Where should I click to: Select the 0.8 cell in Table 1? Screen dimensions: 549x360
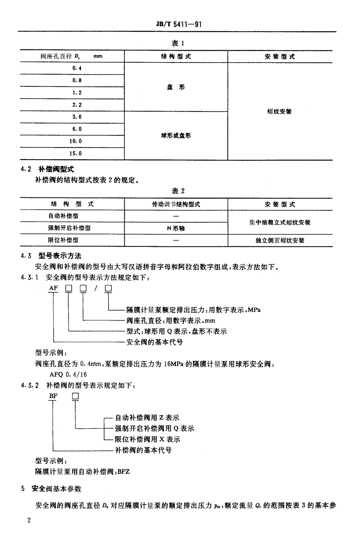[x=77, y=80]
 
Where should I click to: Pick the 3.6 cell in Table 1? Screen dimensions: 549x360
[x=77, y=117]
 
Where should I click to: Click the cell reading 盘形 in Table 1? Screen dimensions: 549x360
[x=176, y=87]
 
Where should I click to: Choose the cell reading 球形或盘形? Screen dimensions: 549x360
[x=176, y=136]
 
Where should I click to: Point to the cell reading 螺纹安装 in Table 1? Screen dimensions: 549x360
[x=279, y=111]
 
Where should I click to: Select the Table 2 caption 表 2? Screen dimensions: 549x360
[x=178, y=191]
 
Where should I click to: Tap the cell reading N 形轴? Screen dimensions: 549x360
[x=176, y=228]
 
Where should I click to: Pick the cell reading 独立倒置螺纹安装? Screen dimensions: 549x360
[x=280, y=240]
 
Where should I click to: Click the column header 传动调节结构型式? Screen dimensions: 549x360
[x=176, y=204]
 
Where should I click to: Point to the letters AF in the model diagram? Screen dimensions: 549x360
[x=53, y=288]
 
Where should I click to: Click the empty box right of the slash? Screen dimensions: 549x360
[x=108, y=289]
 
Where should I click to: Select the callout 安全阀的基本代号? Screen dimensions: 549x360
[x=155, y=342]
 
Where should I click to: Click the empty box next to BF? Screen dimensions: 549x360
[x=75, y=396]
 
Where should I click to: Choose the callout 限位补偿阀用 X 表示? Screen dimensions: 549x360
[x=147, y=439]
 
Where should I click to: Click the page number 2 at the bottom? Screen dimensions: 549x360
[x=29, y=519]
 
